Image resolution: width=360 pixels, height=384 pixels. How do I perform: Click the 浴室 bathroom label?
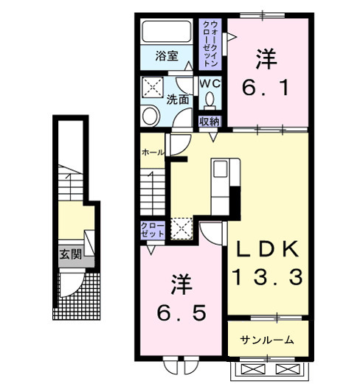click(167, 55)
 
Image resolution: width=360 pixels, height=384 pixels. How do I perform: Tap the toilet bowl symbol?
click(212, 100)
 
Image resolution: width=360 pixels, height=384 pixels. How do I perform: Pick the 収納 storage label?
click(210, 121)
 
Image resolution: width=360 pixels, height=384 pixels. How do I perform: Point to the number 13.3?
click(267, 277)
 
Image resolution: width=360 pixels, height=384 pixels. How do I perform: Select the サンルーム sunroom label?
click(267, 340)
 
